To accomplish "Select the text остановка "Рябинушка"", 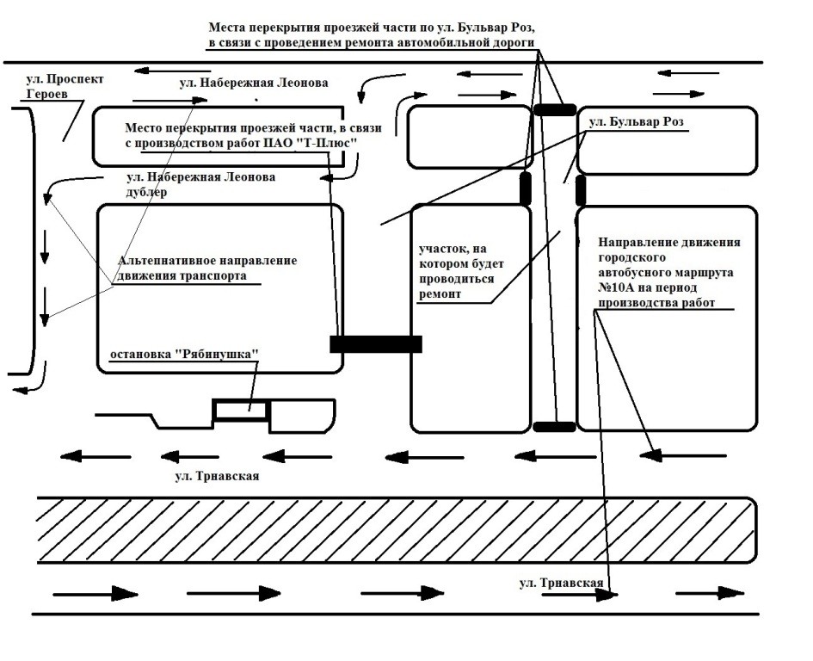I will click(183, 355).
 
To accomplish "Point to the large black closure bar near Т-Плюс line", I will click(376, 343).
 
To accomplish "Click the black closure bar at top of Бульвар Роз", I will click(554, 109).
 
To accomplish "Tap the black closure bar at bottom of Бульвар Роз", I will click(554, 426).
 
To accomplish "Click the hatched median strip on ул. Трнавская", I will click(396, 529).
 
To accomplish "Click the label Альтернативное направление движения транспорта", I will click(207, 268).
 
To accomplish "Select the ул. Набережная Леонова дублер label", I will click(200, 185).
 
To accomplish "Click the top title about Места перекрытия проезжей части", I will click(373, 35).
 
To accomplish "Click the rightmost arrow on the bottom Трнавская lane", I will click(710, 593).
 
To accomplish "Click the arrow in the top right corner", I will click(693, 72).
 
